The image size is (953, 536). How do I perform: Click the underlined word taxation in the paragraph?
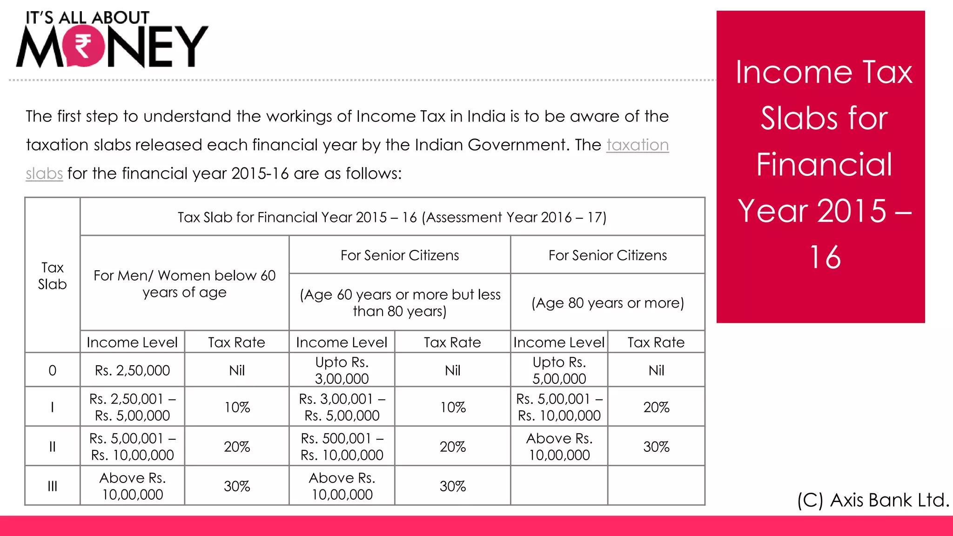tap(637, 145)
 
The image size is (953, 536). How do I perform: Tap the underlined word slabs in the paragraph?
tap(44, 174)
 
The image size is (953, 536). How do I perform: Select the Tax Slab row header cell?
tap(52, 276)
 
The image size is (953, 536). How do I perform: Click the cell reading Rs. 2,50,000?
tap(132, 370)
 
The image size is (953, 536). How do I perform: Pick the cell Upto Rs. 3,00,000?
tap(342, 370)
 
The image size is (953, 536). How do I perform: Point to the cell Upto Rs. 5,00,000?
tap(559, 370)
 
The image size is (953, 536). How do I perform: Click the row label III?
tap(52, 486)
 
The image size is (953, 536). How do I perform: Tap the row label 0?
tap(52, 370)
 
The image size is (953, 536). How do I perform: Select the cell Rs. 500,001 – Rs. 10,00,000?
tap(342, 447)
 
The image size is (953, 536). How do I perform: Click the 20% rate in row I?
tap(656, 407)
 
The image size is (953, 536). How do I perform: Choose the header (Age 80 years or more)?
tap(607, 303)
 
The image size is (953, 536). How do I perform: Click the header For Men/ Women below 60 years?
tap(184, 284)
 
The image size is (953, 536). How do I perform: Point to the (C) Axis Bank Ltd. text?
tap(872, 500)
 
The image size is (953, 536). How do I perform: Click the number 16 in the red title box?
tap(825, 257)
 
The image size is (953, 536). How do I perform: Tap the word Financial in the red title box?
tap(824, 164)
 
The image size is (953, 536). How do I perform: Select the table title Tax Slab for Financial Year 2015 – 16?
tap(392, 217)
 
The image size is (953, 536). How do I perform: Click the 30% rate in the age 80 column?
tap(656, 447)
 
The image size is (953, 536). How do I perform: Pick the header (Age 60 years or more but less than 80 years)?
tap(400, 302)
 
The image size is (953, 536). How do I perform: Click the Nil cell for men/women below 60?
tap(236, 370)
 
